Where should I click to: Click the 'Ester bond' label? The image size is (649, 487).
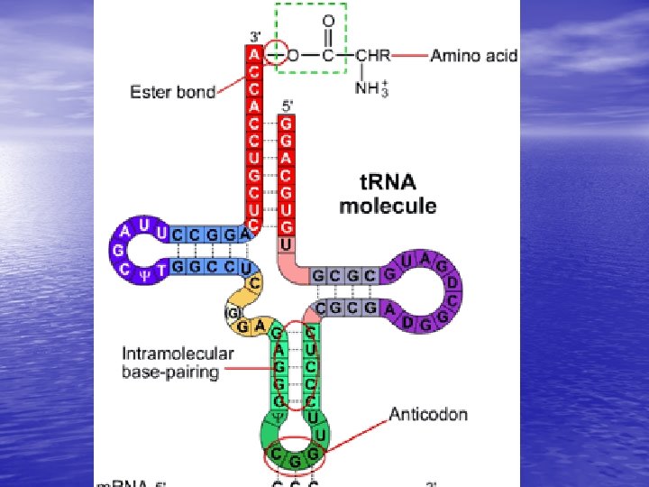(x=172, y=92)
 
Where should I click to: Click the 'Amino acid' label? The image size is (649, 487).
(x=473, y=56)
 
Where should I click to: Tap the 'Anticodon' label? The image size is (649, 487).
(x=428, y=415)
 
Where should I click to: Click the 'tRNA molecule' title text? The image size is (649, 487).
(x=387, y=196)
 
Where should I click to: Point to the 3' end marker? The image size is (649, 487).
(x=255, y=38)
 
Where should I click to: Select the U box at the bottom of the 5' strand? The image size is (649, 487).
(x=286, y=244)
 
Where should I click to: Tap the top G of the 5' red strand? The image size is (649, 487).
(x=286, y=124)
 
